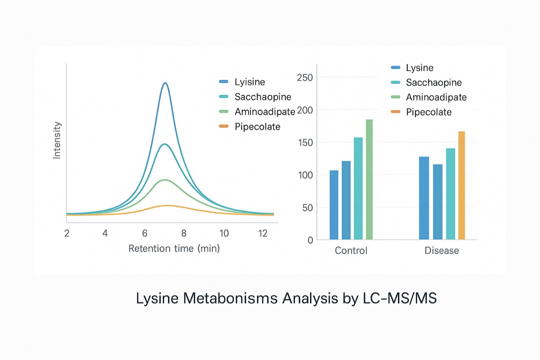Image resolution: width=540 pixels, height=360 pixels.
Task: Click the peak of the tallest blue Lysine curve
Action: click(165, 83)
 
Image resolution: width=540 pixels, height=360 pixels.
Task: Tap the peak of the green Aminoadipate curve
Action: click(165, 180)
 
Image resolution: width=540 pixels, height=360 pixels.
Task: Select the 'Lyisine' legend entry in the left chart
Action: click(250, 82)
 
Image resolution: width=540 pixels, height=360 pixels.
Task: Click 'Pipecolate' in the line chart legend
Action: click(257, 127)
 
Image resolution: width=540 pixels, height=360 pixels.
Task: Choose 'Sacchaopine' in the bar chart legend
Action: click(434, 82)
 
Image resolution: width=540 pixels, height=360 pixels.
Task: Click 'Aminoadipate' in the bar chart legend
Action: click(436, 97)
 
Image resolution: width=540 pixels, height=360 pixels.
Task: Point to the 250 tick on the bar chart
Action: click(305, 77)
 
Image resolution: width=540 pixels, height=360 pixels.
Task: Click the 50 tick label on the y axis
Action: click(308, 207)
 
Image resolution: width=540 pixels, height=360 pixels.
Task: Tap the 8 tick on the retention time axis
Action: click(184, 233)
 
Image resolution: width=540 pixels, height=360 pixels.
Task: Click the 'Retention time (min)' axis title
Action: click(174, 249)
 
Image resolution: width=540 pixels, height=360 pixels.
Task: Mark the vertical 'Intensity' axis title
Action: click(57, 140)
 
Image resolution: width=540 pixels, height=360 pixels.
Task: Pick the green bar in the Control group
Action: click(369, 179)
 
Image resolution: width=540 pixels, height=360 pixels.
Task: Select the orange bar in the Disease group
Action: click(462, 185)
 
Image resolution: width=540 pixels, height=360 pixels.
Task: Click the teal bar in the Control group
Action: click(358, 188)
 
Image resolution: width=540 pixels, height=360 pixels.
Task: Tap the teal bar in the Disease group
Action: click(450, 194)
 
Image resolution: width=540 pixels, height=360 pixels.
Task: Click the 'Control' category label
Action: click(351, 251)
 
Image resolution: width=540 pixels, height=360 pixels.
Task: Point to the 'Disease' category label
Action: click(441, 251)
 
